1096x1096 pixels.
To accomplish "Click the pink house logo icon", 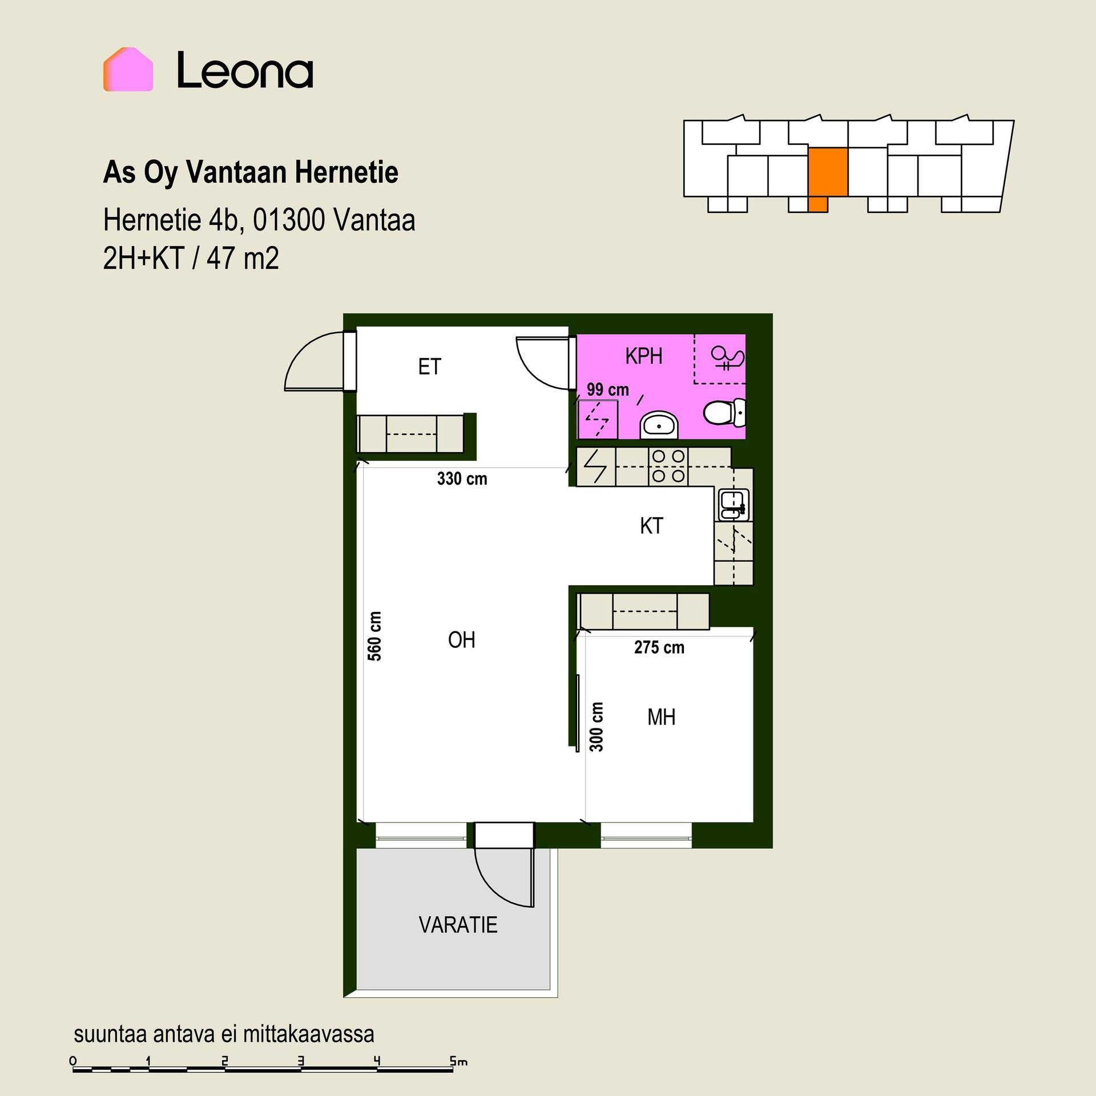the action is (x=128, y=69).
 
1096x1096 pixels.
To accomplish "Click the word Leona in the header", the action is (x=245, y=70).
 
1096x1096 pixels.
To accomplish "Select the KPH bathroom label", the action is (x=644, y=356).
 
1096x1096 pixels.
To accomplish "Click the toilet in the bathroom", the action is (x=724, y=412).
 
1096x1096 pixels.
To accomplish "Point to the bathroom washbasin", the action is (x=659, y=425).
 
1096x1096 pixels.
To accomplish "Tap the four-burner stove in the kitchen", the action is (x=668, y=466).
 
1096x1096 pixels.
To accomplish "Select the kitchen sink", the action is (x=734, y=505).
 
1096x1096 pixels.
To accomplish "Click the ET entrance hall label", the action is (x=429, y=366).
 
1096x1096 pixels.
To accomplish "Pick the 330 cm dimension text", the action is (x=462, y=478).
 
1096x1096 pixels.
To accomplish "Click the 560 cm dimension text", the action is (x=374, y=636).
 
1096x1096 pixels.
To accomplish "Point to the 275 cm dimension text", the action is (x=659, y=647).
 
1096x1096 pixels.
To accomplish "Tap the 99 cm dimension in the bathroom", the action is (x=608, y=390).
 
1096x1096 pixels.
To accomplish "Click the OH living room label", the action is (x=461, y=640).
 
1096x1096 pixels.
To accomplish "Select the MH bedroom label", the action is (x=662, y=717).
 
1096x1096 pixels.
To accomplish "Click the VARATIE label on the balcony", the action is (x=458, y=925).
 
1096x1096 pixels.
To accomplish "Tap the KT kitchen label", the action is (x=651, y=526).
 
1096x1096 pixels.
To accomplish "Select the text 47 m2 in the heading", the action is (x=243, y=258).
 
